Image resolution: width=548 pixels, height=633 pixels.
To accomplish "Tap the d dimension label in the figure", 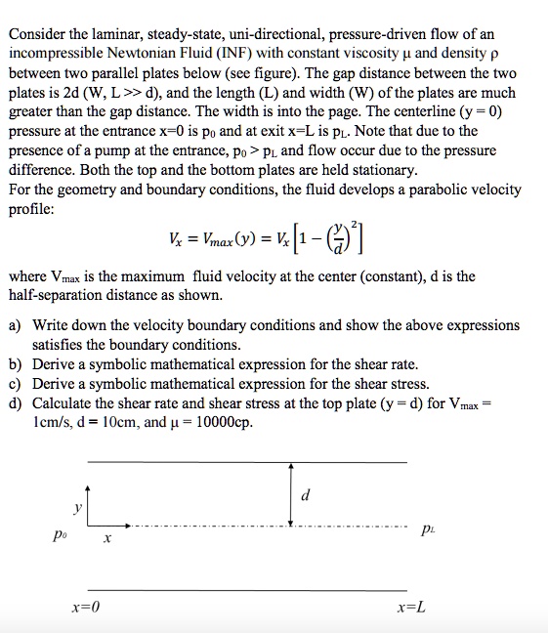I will tap(307, 495).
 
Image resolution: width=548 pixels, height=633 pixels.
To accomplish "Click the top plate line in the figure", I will tap(244, 461).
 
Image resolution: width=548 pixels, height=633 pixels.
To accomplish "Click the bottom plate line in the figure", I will tap(244, 589).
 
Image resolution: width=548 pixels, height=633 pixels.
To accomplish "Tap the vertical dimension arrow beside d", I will tap(290, 493).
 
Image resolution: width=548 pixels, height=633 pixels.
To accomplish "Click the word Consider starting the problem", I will tap(38, 34).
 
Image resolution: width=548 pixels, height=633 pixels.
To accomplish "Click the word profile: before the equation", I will tap(33, 209).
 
